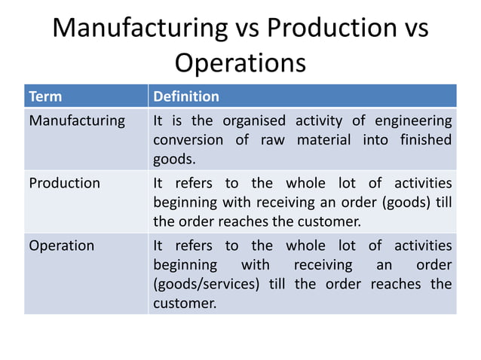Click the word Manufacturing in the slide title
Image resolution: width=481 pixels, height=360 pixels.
pos(139,29)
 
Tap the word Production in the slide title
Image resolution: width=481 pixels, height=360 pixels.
pos(326,29)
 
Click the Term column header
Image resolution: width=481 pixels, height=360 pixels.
pos(45,96)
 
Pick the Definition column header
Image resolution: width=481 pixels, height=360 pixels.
pos(186,96)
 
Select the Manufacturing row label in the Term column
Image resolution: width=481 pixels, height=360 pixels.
pos(77,121)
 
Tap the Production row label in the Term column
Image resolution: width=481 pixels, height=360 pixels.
pos(64,183)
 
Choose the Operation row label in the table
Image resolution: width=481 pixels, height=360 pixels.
pos(62,246)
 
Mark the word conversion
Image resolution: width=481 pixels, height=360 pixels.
pos(188,140)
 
